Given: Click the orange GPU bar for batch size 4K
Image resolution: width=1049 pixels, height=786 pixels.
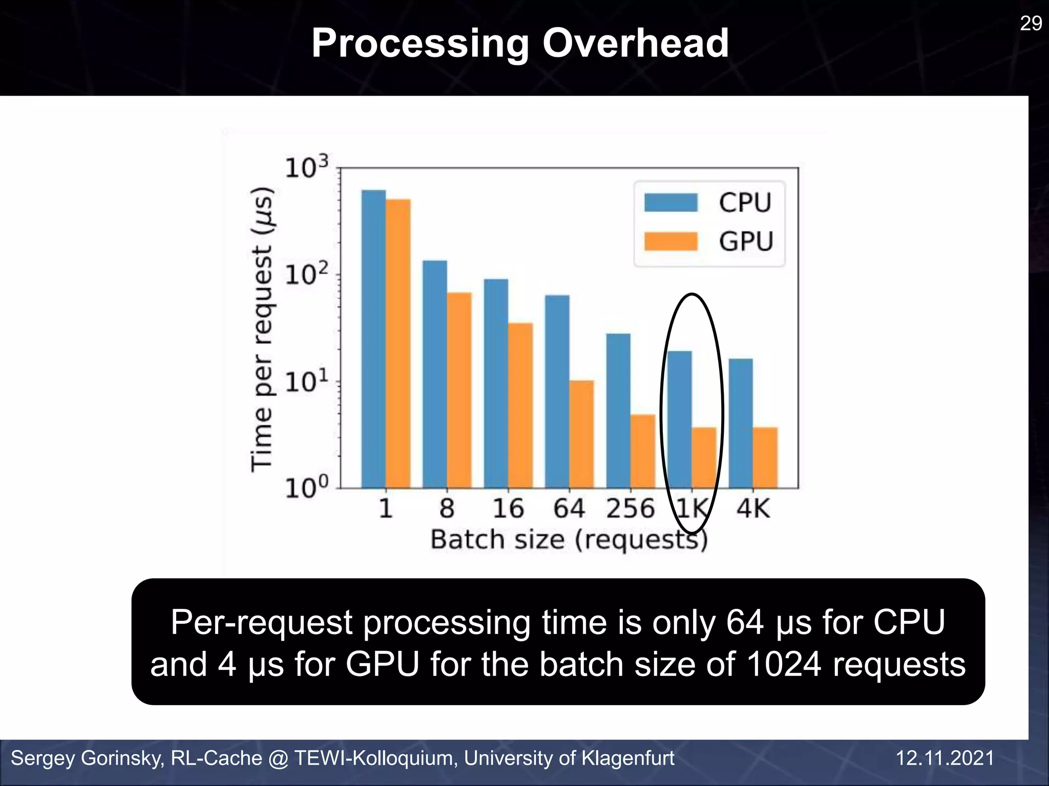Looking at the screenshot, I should point(765,457).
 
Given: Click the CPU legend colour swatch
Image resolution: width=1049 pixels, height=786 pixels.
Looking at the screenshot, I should point(670,203).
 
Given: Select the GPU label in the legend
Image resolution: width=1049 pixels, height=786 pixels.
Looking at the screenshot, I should point(745,242).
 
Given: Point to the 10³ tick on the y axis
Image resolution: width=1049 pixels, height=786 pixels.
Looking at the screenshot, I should point(306,167).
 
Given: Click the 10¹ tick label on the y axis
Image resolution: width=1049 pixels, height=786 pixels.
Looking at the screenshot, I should point(306,382).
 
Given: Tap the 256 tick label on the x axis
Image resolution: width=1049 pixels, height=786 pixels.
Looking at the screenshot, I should point(630,509).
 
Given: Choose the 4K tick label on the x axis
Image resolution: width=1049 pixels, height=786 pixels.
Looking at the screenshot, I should point(753,509).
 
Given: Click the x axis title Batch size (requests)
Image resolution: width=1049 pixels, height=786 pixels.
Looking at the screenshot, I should point(569,540).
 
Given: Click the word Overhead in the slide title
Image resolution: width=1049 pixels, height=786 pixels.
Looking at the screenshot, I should point(635,43).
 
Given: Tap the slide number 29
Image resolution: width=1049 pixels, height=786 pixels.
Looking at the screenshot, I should point(1031,24).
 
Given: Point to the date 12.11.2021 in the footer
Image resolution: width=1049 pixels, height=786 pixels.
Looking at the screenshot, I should point(945,758).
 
